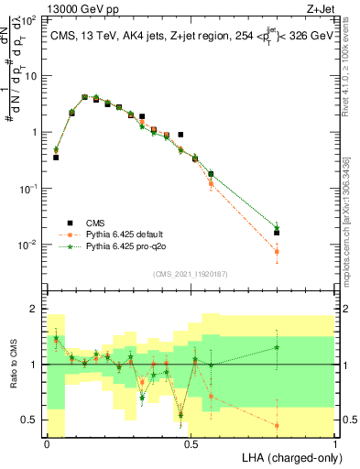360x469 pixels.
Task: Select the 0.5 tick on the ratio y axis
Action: (x=29, y=420)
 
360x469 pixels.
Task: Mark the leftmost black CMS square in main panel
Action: (x=56, y=158)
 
